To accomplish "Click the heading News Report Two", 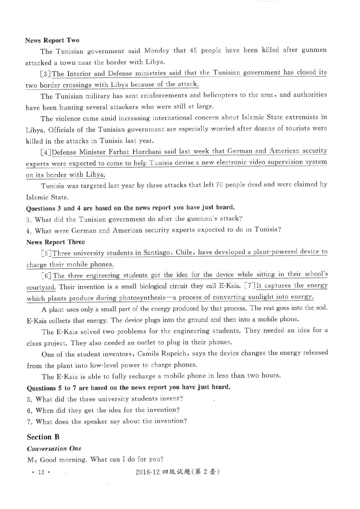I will [x=52, y=40].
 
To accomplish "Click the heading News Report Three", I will [x=55, y=242].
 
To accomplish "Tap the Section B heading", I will [x=43, y=437].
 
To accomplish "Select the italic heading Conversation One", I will [x=54, y=449].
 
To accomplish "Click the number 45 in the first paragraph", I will [x=193, y=50].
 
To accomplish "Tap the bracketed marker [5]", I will [x=46, y=253].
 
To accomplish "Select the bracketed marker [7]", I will [x=250, y=286].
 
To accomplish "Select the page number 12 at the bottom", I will [x=41, y=472].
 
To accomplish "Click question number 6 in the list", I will [x=29, y=411].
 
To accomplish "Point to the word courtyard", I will [x=41, y=287].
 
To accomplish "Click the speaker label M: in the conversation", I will [x=31, y=460].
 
